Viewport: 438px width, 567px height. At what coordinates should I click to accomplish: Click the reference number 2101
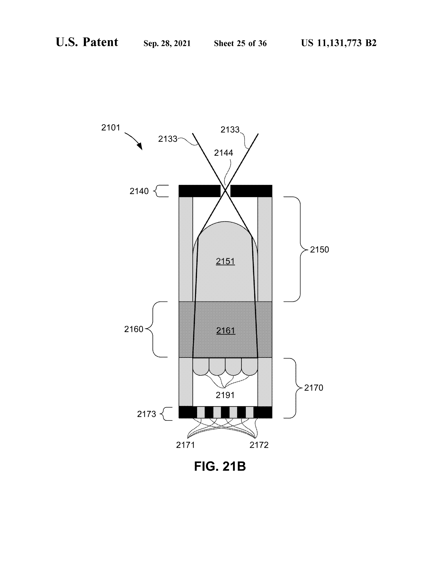click(111, 128)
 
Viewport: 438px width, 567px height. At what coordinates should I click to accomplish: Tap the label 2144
click(223, 153)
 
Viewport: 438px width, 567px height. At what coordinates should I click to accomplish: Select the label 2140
click(139, 191)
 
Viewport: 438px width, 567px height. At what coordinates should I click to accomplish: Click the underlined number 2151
click(225, 261)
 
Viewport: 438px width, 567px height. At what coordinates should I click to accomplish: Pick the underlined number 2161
click(226, 330)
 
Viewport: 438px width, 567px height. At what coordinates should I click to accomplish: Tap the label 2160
click(134, 329)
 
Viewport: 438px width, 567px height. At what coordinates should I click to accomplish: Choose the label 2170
click(314, 388)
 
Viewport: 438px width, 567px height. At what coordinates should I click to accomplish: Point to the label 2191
click(225, 395)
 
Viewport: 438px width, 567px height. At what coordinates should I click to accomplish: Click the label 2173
click(147, 414)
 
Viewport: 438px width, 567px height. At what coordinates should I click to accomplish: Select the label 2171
click(185, 445)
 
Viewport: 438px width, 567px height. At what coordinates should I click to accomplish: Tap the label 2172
click(259, 445)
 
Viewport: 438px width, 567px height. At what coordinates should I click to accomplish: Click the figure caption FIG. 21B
click(220, 466)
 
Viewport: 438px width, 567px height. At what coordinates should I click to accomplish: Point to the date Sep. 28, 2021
click(167, 43)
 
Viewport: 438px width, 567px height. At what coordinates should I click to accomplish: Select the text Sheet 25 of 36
click(240, 43)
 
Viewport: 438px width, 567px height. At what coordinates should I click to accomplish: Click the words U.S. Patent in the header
click(87, 42)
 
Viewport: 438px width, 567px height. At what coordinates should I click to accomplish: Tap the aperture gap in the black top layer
click(225, 191)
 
